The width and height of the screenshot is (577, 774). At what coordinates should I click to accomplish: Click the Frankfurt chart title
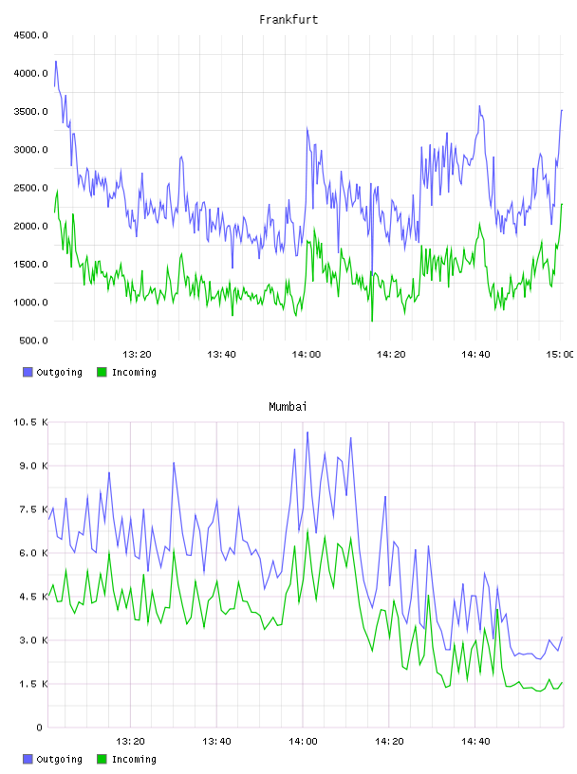point(288,19)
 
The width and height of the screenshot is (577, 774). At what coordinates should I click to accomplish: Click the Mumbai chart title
point(288,406)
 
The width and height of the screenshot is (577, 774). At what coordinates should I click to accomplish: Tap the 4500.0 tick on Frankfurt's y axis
point(30,35)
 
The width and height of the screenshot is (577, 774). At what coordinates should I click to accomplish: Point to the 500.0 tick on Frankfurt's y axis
point(33,341)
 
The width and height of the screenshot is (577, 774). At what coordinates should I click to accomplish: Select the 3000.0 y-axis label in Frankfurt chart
point(30,150)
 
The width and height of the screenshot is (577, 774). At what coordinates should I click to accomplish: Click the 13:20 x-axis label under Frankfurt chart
point(137,354)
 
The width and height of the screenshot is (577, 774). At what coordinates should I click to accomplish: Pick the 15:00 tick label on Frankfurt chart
point(560,354)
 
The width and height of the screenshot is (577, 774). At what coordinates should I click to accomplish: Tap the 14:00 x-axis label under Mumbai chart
point(303,741)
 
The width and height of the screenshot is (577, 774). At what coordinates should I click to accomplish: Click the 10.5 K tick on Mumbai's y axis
point(30,422)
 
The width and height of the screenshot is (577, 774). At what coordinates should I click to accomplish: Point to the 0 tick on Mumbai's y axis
point(39,728)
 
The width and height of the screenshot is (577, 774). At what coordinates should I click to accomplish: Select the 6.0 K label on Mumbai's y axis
point(33,553)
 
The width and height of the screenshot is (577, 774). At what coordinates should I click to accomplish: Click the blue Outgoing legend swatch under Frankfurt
point(28,372)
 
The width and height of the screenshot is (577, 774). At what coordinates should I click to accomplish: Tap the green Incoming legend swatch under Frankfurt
point(102,372)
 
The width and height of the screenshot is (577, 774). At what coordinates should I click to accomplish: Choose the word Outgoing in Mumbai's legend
point(59,759)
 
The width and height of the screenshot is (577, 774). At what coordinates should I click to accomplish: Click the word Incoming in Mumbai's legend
point(134,759)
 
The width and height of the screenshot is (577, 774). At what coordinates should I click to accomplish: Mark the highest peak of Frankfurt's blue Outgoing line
point(56,62)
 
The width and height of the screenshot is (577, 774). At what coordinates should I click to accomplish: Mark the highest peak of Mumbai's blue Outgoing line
point(307,433)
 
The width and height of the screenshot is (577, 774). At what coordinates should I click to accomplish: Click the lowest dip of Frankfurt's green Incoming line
point(372,321)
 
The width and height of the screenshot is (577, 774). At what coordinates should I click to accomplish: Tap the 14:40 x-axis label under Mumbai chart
point(475,741)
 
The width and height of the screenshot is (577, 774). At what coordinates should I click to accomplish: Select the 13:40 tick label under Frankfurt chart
point(221,354)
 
